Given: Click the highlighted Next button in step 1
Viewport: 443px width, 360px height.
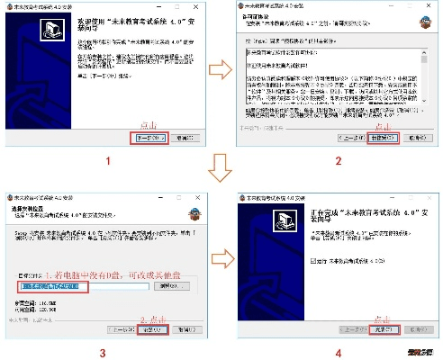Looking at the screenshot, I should pyautogui.click(x=149, y=139).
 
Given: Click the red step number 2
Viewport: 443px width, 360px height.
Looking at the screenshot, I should pyautogui.click(x=338, y=162).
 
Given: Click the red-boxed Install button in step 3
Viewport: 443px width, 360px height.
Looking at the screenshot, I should pyautogui.click(x=153, y=329).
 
